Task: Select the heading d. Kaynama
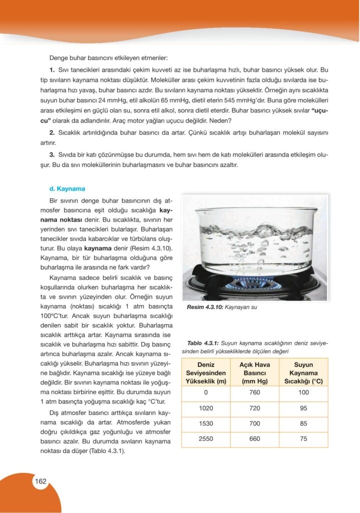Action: click(x=67, y=189)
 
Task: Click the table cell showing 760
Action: click(x=254, y=392)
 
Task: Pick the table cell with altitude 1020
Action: click(x=206, y=408)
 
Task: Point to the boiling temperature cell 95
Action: click(x=303, y=408)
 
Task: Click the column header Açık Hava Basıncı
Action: click(x=254, y=373)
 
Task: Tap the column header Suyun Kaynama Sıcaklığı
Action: click(x=303, y=373)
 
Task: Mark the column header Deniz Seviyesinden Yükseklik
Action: click(x=206, y=373)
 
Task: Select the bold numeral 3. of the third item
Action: click(x=52, y=155)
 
